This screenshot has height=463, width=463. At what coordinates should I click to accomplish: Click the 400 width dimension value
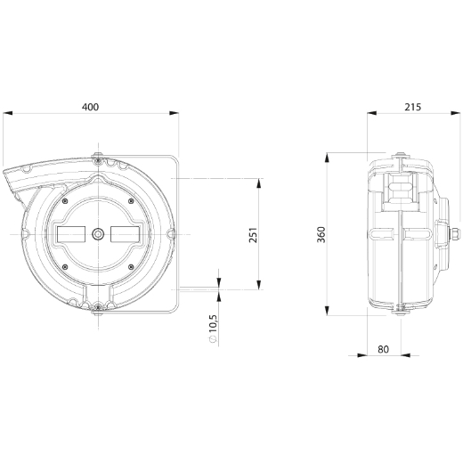coord(91,107)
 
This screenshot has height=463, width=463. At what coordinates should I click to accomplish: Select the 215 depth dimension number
coord(413,107)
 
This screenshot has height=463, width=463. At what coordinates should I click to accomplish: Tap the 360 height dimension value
coord(321,234)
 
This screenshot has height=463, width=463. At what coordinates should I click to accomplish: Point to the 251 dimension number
coord(253,235)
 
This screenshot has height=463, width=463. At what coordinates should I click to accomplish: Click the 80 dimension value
coord(384,349)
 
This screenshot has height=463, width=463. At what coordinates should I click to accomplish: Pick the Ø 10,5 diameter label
coord(213,329)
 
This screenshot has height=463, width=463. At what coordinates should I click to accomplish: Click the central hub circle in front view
coord(98,234)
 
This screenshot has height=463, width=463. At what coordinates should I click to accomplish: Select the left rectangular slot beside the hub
coord(71,234)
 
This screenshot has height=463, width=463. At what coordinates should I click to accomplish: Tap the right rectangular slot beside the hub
coord(125,234)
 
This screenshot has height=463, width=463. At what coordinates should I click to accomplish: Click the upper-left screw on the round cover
coord(65,201)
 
